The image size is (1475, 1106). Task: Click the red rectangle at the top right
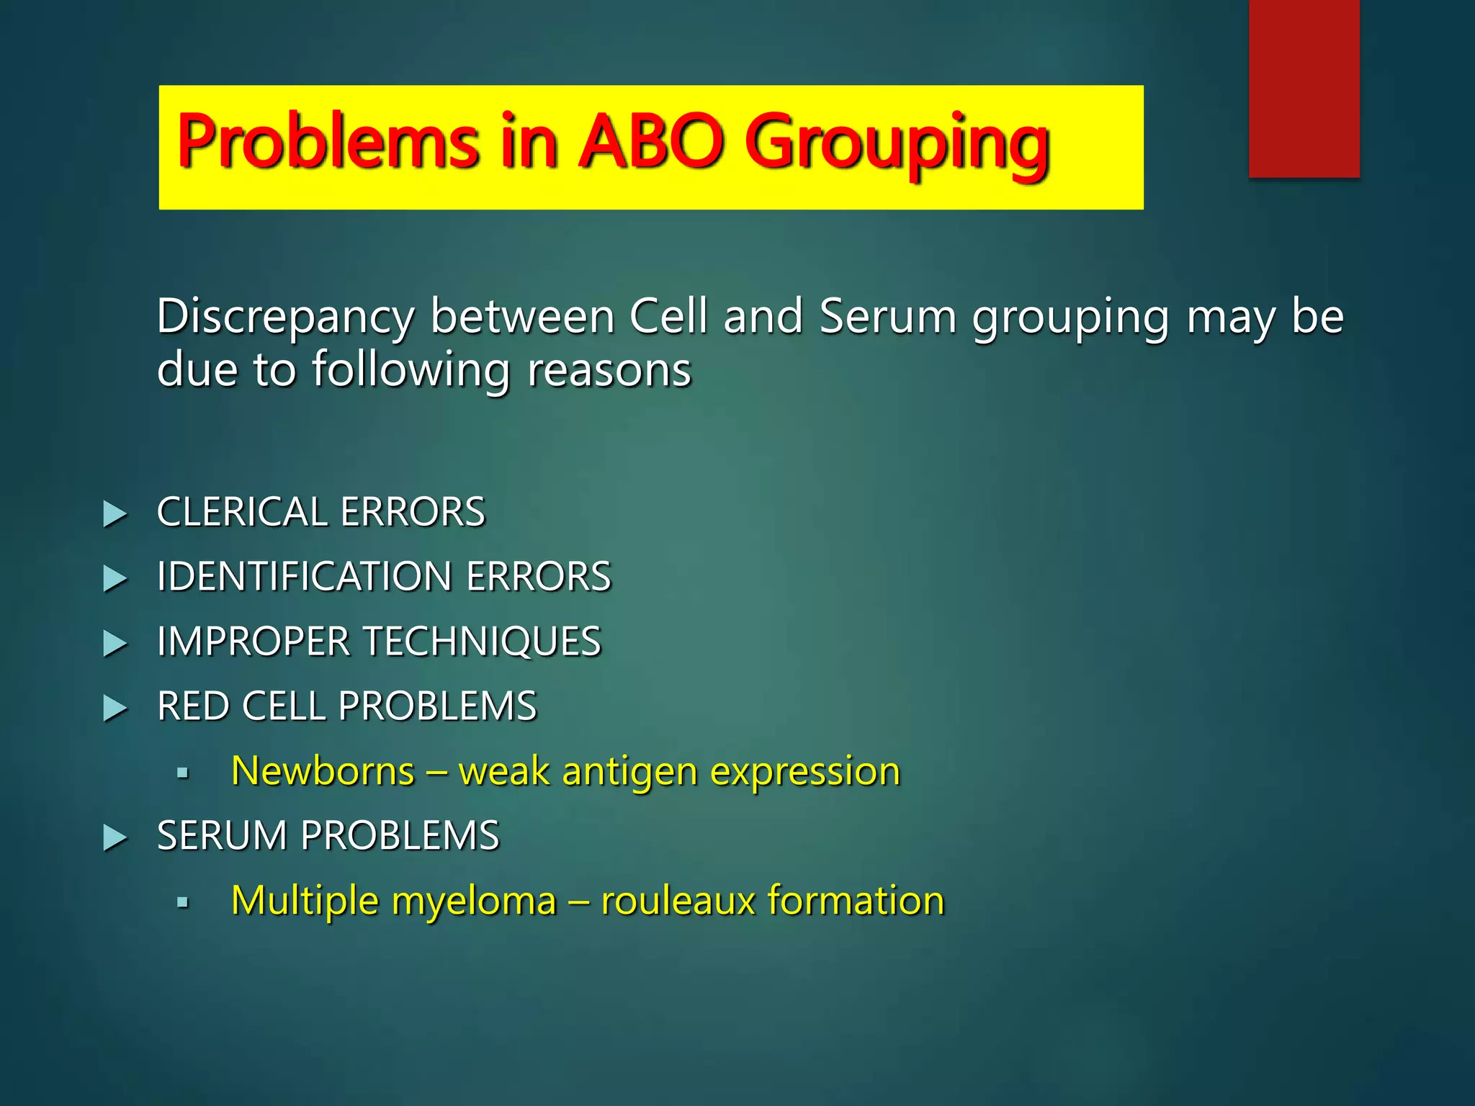tap(1304, 88)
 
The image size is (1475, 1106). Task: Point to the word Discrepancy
tap(285, 318)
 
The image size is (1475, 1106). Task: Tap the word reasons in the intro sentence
tap(609, 370)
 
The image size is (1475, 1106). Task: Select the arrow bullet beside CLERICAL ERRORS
tap(115, 514)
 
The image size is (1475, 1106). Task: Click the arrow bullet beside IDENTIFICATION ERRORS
tap(115, 579)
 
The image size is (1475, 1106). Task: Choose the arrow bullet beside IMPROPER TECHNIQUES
tap(115, 644)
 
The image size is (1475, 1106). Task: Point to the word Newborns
tap(323, 771)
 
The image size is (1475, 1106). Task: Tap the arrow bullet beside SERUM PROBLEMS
tap(115, 838)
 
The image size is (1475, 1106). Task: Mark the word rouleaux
tap(677, 901)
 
